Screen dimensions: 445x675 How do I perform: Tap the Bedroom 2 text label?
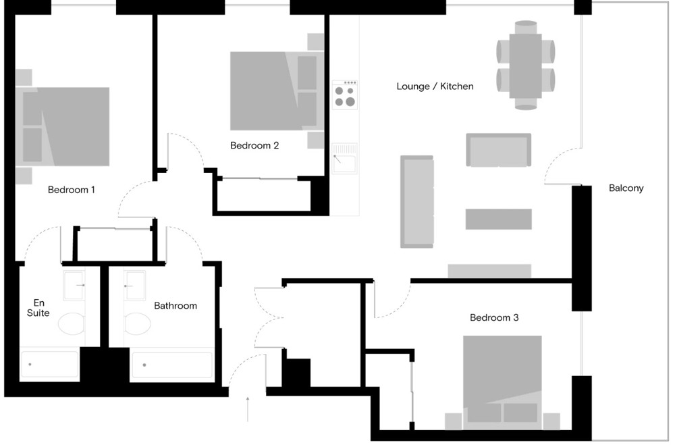[254, 145]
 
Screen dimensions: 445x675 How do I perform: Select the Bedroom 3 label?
[494, 317]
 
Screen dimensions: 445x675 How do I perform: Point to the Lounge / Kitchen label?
[435, 86]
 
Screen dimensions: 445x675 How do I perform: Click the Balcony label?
[626, 188]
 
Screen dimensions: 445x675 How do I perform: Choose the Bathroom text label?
[175, 306]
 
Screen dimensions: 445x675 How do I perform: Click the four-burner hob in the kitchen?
[345, 95]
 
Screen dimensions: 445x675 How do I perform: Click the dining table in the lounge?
[525, 66]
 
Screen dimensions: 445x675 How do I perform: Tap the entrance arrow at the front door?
[248, 409]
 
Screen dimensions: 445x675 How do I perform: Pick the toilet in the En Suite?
[72, 323]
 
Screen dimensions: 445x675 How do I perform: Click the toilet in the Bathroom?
[137, 323]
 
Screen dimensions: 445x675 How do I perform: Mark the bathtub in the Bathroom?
[171, 365]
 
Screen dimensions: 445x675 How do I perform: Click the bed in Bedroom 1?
[66, 126]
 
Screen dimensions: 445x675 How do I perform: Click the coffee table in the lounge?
[498, 219]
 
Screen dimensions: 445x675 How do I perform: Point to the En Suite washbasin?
[74, 286]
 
